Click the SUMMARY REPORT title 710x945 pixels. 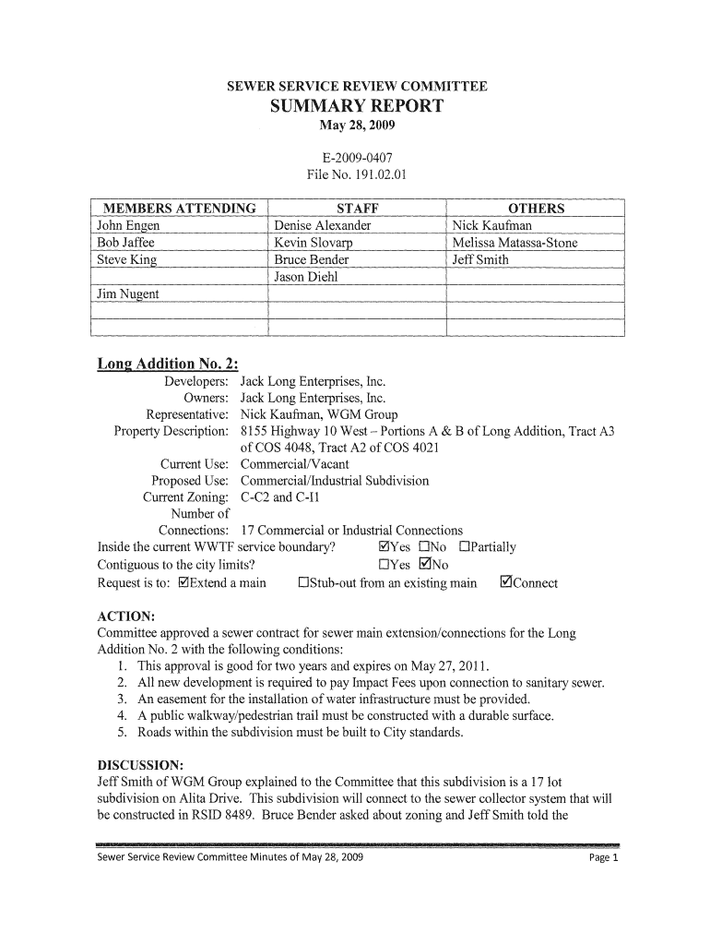click(x=356, y=106)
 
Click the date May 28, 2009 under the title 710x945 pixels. click(x=356, y=126)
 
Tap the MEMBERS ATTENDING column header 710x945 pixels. click(x=179, y=209)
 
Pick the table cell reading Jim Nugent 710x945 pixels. click(x=128, y=293)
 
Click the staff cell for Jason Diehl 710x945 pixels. click(x=305, y=277)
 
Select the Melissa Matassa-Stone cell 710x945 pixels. click(x=515, y=243)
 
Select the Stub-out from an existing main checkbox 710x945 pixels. click(x=303, y=583)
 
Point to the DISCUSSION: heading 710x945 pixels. click(x=141, y=766)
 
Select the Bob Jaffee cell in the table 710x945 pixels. click(x=126, y=243)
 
